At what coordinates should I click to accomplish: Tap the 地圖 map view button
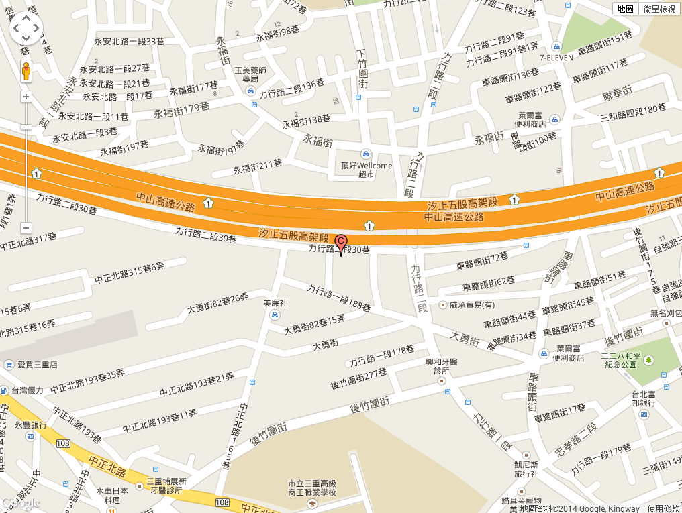(x=626, y=9)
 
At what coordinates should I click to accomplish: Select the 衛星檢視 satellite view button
(x=659, y=9)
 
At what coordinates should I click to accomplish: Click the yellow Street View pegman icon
(x=26, y=71)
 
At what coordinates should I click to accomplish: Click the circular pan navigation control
(x=26, y=28)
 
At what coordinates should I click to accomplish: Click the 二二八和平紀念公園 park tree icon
(x=648, y=360)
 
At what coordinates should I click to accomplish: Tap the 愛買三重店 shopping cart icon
(x=9, y=365)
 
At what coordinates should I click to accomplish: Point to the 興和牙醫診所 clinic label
(x=441, y=366)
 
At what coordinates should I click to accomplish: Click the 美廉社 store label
(x=275, y=304)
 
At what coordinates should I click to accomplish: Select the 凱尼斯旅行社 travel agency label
(x=526, y=469)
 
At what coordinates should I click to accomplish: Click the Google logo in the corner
(x=21, y=504)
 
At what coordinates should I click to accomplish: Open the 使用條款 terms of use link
(x=664, y=508)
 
